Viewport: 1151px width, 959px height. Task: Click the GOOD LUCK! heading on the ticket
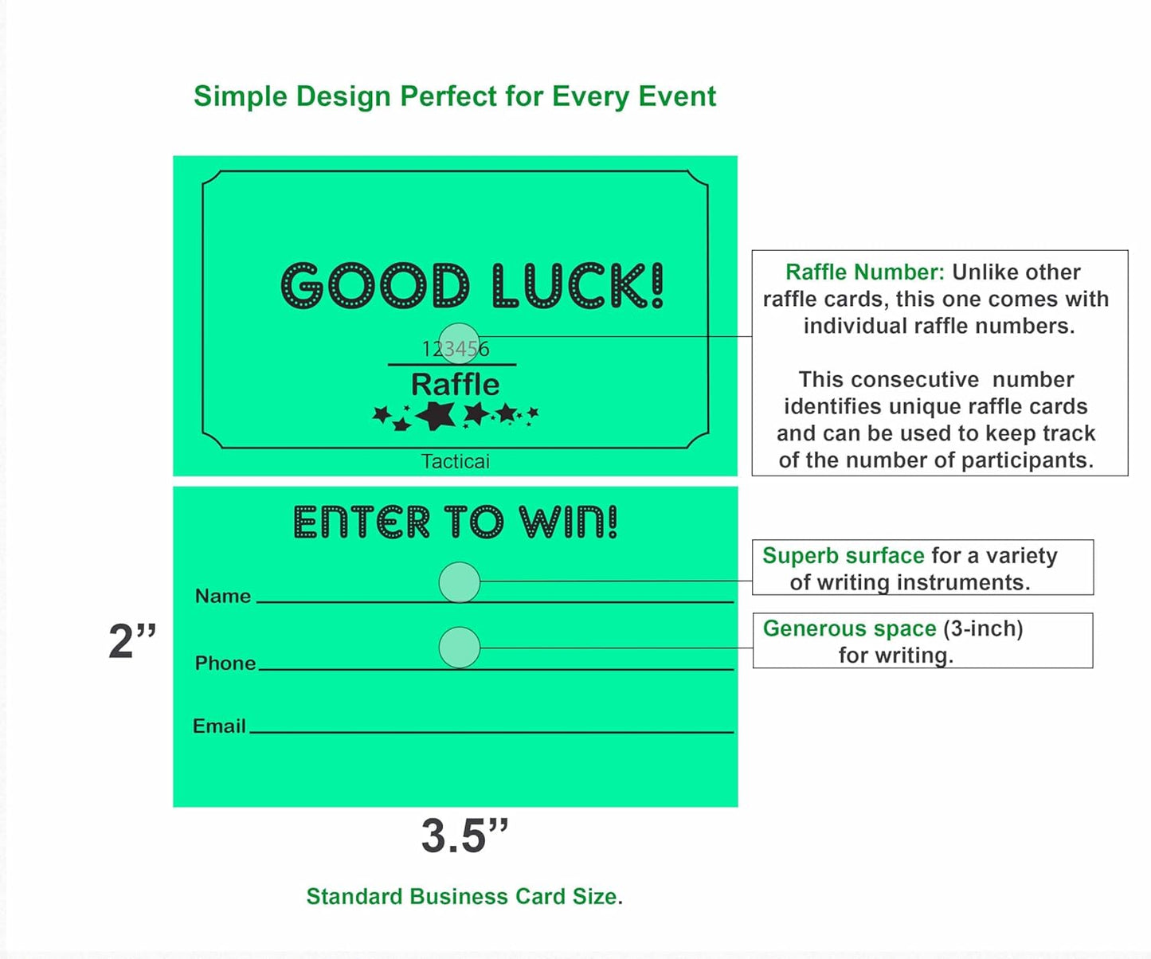tap(472, 286)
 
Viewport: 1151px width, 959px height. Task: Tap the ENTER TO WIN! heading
tap(455, 523)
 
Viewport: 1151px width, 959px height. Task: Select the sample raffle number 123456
tap(455, 349)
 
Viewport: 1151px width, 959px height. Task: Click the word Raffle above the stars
tap(455, 385)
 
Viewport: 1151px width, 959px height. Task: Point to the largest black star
tap(437, 415)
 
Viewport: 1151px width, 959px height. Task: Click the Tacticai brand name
tap(455, 461)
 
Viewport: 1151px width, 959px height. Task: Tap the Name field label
tap(223, 596)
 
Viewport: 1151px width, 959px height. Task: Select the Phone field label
tap(225, 663)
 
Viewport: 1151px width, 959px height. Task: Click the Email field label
tap(219, 726)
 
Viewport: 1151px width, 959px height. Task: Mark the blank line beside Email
tap(491, 731)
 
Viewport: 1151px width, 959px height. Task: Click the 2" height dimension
tap(132, 641)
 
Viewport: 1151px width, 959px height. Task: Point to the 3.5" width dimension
tap(464, 836)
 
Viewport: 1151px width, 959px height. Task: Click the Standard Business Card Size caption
tap(464, 896)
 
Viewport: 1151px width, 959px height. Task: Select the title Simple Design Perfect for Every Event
tap(455, 96)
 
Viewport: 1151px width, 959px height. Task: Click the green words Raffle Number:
tap(864, 272)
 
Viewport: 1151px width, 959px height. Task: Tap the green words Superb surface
tap(843, 555)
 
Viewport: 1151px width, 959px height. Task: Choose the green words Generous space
tap(849, 628)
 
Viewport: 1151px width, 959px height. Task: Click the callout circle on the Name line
tap(460, 582)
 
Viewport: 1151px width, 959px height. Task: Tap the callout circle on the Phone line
tap(460, 648)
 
